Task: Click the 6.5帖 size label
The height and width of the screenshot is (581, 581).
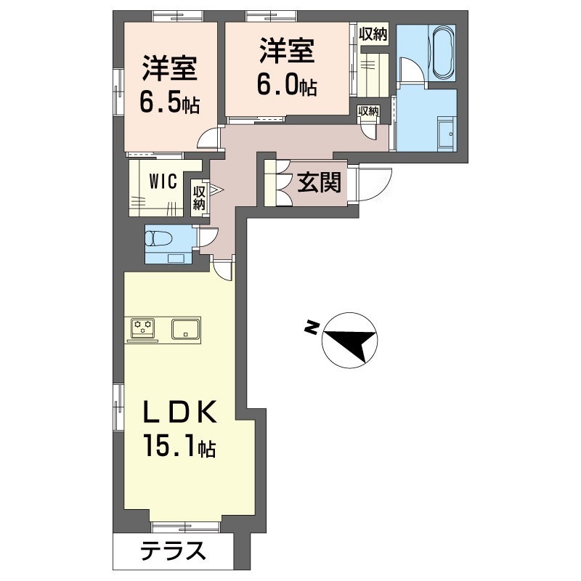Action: [x=170, y=103]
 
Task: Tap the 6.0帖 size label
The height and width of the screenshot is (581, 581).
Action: [x=286, y=86]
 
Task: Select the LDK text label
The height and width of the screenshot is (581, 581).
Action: [x=177, y=413]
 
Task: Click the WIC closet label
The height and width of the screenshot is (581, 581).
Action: [x=163, y=181]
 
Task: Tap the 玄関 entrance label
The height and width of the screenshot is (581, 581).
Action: [x=319, y=184]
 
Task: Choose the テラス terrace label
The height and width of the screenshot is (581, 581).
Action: [x=172, y=553]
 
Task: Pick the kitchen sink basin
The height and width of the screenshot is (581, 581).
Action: [x=187, y=329]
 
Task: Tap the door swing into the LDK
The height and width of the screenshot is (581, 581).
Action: [x=224, y=269]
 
